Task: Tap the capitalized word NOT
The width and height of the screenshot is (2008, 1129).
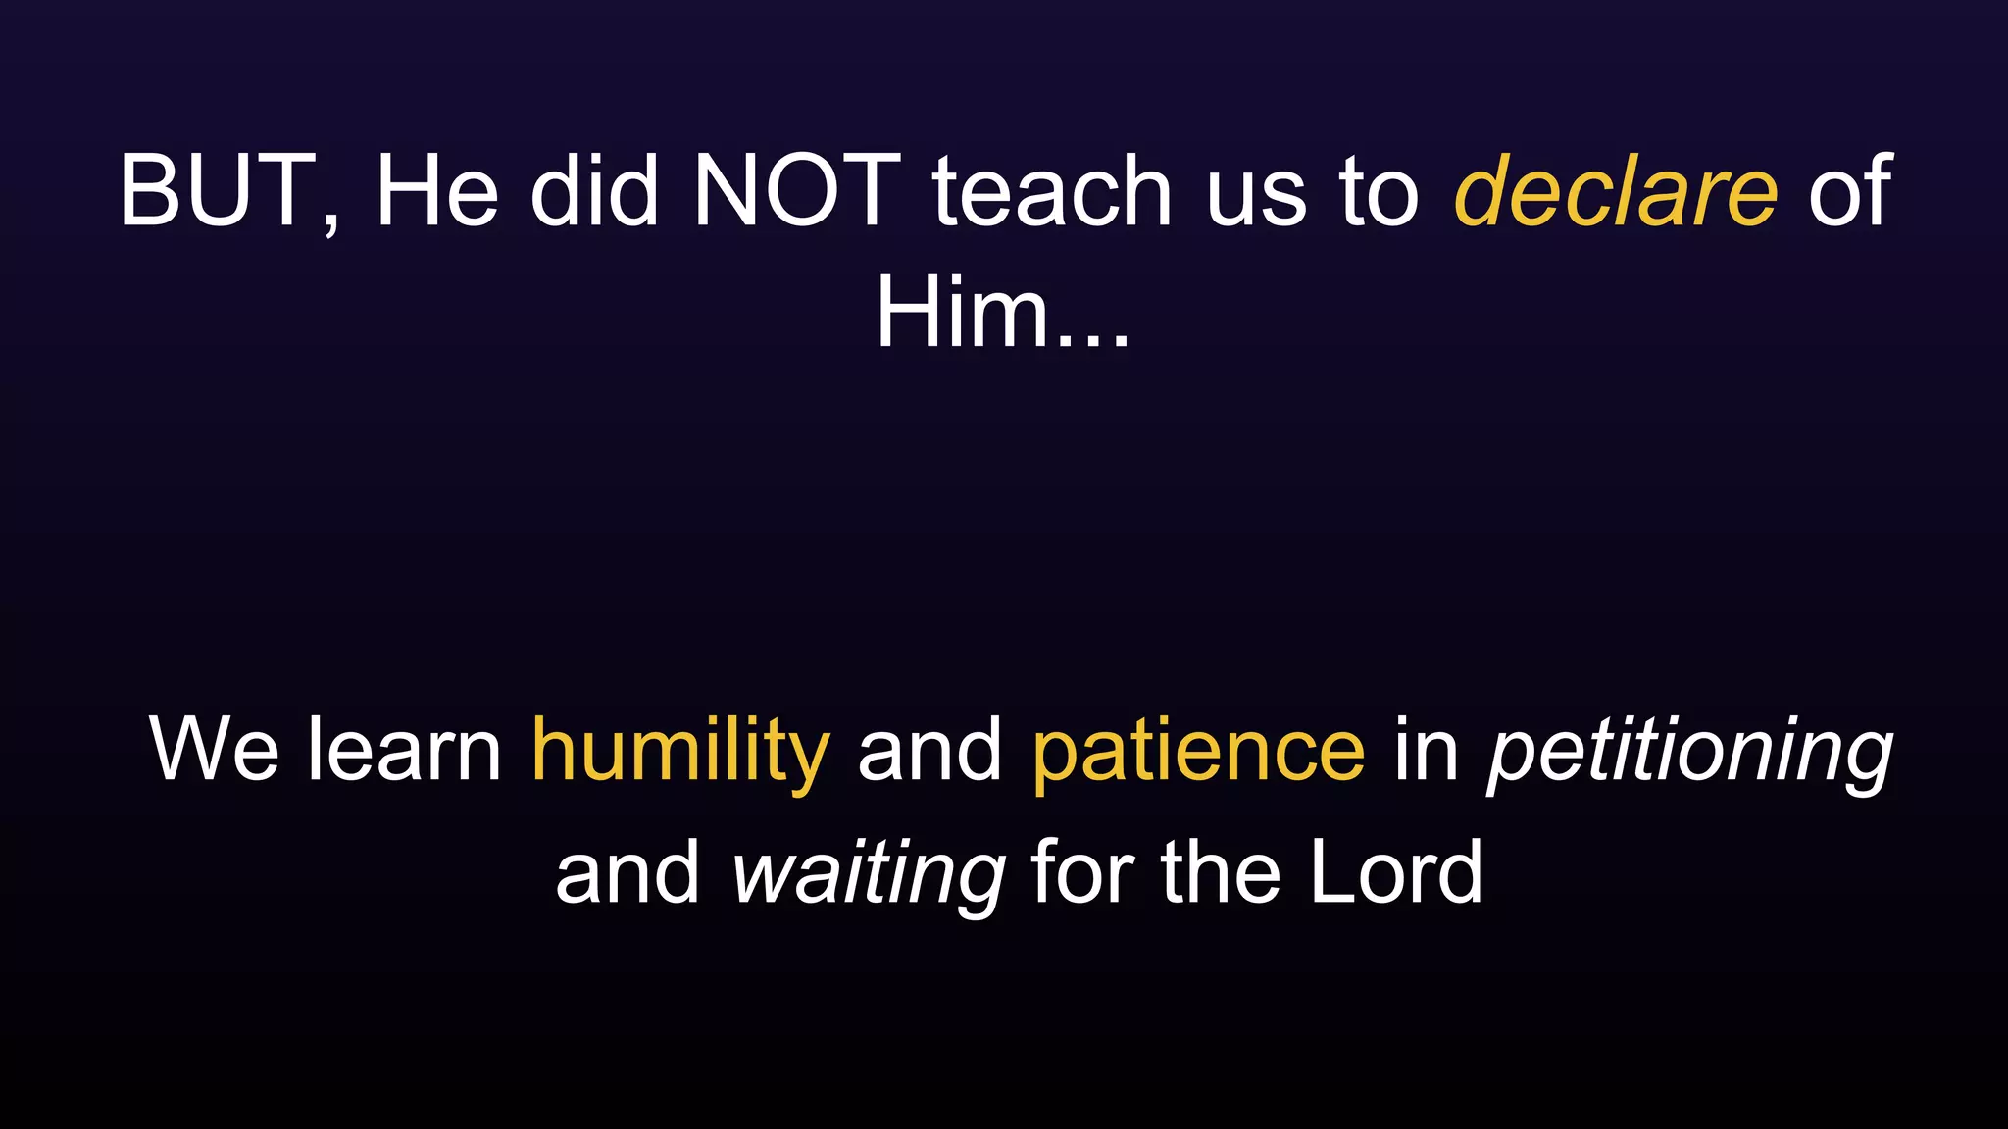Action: pyautogui.click(x=796, y=191)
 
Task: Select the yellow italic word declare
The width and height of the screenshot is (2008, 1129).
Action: pyautogui.click(x=1615, y=191)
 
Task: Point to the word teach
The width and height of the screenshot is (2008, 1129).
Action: pyautogui.click(x=1051, y=191)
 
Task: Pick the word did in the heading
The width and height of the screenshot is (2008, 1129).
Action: pyautogui.click(x=594, y=191)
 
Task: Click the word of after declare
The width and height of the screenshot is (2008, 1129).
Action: pyautogui.click(x=1849, y=191)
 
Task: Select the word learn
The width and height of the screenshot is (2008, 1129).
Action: pyautogui.click(x=404, y=751)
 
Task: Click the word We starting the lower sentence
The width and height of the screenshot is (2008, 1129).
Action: pyautogui.click(x=214, y=751)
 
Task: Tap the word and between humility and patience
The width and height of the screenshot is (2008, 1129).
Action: pyautogui.click(x=929, y=751)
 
